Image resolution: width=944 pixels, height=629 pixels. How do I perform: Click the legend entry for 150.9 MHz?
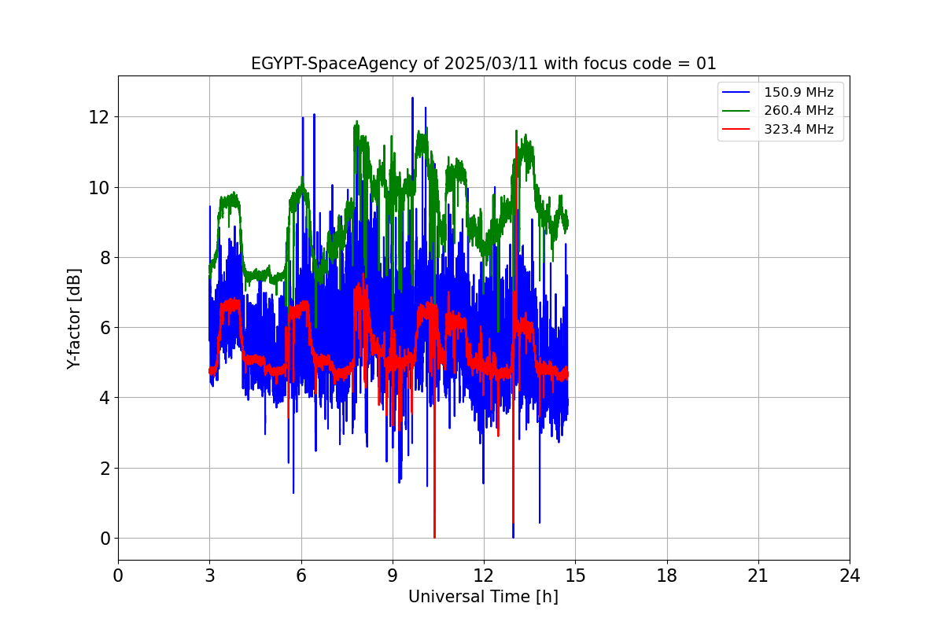point(798,93)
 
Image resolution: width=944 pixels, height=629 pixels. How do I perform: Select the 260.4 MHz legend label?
point(798,111)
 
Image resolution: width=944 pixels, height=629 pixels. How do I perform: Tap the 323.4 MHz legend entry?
point(798,130)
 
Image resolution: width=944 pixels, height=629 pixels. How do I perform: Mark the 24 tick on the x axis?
point(850,576)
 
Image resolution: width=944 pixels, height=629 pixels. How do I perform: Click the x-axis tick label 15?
point(575,576)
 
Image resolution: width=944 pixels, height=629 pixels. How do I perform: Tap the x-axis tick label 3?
point(209,576)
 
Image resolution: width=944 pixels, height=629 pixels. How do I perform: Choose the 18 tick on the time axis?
point(667,576)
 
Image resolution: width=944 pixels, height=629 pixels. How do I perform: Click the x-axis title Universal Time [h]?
point(483,597)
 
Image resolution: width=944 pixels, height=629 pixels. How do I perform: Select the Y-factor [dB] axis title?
point(75,318)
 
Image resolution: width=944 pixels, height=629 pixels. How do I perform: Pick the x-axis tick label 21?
point(758,576)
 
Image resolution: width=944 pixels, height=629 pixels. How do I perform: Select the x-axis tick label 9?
point(393,576)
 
